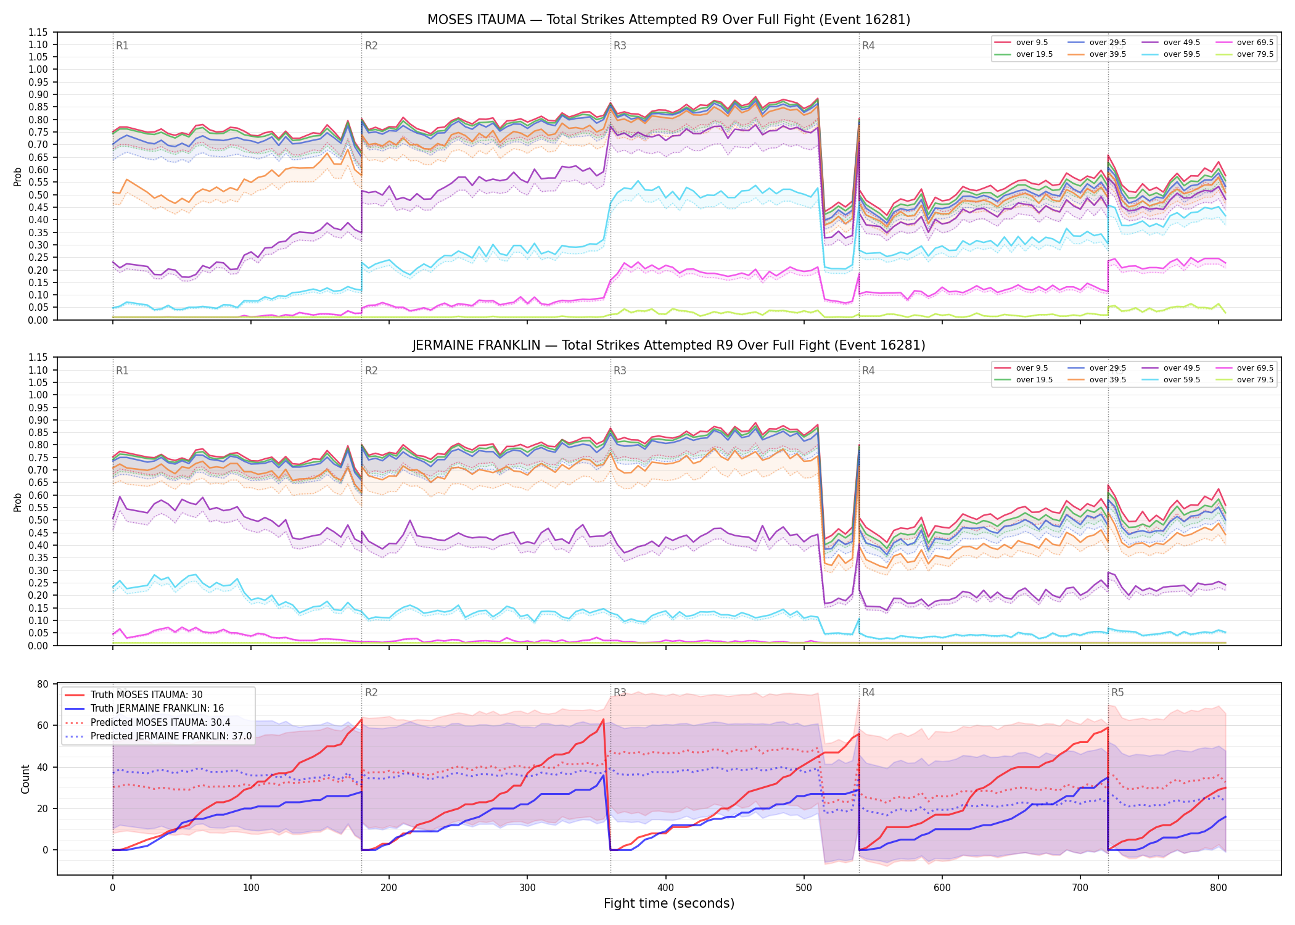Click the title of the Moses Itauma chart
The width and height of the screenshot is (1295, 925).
click(668, 20)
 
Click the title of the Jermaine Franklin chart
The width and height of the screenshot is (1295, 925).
click(668, 345)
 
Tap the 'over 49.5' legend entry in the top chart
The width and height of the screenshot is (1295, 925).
click(1171, 43)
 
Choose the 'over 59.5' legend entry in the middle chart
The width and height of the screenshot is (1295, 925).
click(1171, 380)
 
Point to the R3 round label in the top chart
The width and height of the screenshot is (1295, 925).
click(620, 46)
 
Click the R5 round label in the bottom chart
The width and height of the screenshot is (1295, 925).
click(1117, 693)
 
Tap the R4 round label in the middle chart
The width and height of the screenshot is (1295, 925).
click(868, 371)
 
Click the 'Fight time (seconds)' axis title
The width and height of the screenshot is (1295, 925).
click(669, 903)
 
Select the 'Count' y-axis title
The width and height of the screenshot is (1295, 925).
click(25, 779)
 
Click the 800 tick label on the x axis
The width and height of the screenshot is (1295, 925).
click(1219, 888)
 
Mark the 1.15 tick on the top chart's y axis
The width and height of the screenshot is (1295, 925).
click(39, 32)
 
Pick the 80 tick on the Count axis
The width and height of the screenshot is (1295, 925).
click(43, 684)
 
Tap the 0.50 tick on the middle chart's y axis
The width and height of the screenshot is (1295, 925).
click(39, 520)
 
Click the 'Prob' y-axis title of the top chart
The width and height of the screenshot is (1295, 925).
click(18, 176)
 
